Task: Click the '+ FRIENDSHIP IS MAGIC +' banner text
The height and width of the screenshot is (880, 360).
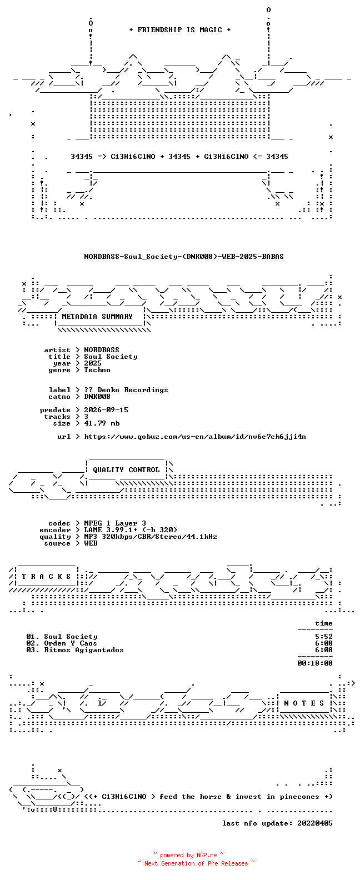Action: tap(180, 30)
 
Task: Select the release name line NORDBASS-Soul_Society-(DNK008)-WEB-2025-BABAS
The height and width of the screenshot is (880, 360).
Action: tap(184, 257)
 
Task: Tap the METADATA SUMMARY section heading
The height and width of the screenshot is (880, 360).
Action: tap(97, 317)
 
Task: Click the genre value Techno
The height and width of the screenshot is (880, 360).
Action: tap(97, 370)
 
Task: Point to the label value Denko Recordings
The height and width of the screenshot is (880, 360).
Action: tap(133, 390)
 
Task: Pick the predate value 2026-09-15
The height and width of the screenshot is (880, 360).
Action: tap(106, 410)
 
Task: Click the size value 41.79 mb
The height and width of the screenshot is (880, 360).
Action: tap(102, 423)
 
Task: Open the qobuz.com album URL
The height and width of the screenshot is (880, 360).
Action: tap(195, 437)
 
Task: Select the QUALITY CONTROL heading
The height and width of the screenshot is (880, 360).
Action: tap(126, 470)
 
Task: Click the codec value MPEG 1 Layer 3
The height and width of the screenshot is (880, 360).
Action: tap(115, 523)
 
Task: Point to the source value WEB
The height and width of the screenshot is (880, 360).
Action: tap(91, 543)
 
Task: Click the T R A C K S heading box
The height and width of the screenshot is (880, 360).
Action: tap(46, 576)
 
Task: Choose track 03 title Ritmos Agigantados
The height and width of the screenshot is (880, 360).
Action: tap(84, 650)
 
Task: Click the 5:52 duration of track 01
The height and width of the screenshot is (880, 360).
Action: tap(323, 637)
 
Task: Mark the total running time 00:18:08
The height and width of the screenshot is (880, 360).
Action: tap(315, 663)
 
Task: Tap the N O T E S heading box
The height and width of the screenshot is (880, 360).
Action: tap(304, 703)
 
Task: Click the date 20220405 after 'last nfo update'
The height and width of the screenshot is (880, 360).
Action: tap(315, 823)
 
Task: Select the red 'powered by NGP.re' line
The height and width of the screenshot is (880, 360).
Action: tap(188, 855)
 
